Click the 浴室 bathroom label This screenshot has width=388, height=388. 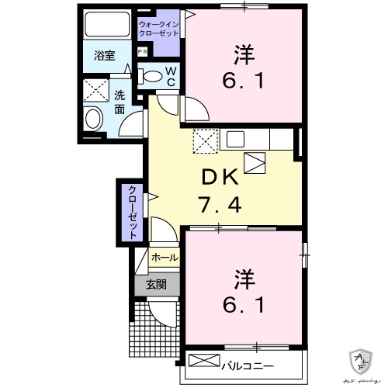[104, 55]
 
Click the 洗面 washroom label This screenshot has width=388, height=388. [120, 102]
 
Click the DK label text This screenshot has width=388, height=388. [219, 177]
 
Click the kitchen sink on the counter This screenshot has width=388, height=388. [236, 140]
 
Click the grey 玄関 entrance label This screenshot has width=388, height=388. [156, 285]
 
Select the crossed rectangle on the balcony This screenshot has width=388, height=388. [205, 360]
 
